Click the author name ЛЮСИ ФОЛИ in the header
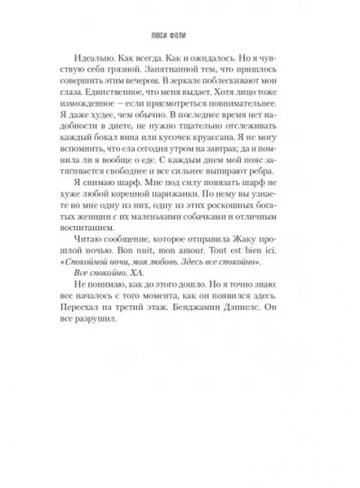click(180, 34)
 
